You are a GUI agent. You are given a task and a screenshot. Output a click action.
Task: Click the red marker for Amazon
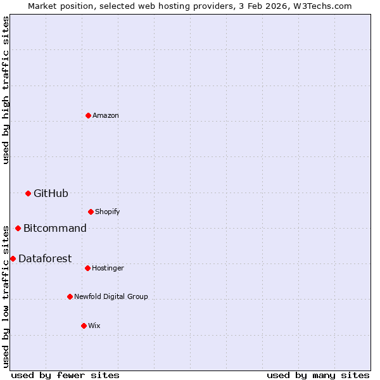tap(88, 115)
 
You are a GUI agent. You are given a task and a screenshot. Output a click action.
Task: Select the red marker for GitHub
tap(28, 193)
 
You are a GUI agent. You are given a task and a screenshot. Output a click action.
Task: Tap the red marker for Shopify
tap(91, 212)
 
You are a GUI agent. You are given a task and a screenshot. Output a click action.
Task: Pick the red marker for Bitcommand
tap(18, 228)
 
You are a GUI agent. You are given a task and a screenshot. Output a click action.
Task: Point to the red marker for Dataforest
tap(13, 258)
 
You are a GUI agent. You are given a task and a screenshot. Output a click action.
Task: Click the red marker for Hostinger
tap(87, 268)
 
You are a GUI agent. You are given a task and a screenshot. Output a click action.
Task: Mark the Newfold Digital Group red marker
tap(70, 296)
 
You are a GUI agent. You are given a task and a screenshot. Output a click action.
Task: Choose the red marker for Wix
tap(84, 326)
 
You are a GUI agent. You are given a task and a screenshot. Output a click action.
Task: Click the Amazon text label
tap(106, 115)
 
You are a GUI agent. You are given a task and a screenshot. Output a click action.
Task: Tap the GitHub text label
tap(51, 193)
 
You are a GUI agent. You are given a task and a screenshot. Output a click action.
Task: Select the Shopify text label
tap(108, 212)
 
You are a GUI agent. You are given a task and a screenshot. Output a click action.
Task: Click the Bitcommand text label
tap(55, 228)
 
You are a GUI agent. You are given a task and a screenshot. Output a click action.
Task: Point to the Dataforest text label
tap(45, 258)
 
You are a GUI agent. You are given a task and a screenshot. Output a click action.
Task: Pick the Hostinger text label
tap(108, 268)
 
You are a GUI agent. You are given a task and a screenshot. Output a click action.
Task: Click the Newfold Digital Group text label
tap(111, 296)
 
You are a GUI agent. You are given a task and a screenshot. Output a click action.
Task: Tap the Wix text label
tap(94, 326)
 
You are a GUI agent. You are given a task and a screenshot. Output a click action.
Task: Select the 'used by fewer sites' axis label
tap(65, 375)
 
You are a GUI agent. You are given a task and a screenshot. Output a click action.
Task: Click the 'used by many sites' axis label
tap(318, 375)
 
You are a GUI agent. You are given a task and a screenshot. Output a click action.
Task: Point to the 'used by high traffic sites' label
tap(6, 90)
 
